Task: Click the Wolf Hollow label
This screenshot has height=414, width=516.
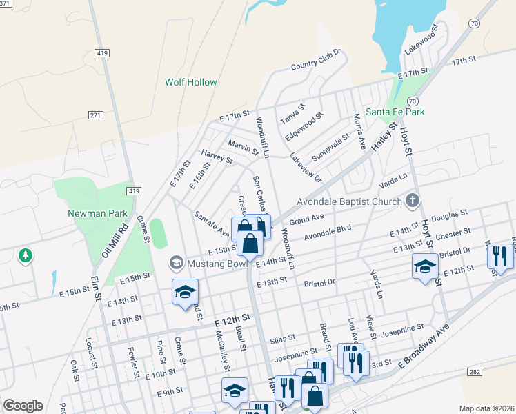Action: (190, 82)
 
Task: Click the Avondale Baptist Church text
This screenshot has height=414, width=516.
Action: (349, 202)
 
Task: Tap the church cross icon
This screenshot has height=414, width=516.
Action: (412, 201)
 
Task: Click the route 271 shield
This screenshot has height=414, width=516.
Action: (95, 115)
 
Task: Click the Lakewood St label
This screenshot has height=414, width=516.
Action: (422, 42)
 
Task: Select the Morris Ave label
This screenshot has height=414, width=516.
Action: (359, 131)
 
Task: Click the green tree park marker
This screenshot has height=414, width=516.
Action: (26, 256)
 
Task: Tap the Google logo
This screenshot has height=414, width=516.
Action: (23, 406)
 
